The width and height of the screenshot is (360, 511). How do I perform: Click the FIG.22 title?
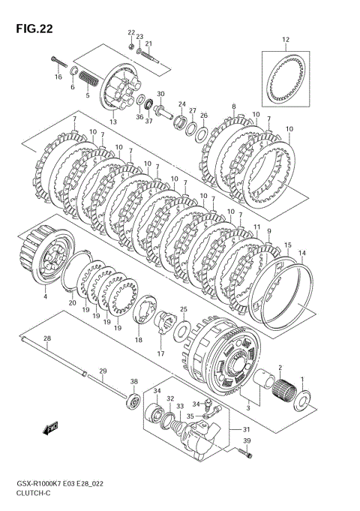click(34, 29)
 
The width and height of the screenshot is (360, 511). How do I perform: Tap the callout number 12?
click(286, 40)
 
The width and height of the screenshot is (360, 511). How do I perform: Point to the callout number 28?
click(47, 338)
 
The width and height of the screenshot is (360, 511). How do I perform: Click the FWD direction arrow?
click(50, 429)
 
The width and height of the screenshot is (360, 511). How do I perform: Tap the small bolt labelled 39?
click(244, 453)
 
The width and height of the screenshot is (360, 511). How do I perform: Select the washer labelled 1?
click(302, 400)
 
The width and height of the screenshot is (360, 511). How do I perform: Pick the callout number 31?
click(245, 430)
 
